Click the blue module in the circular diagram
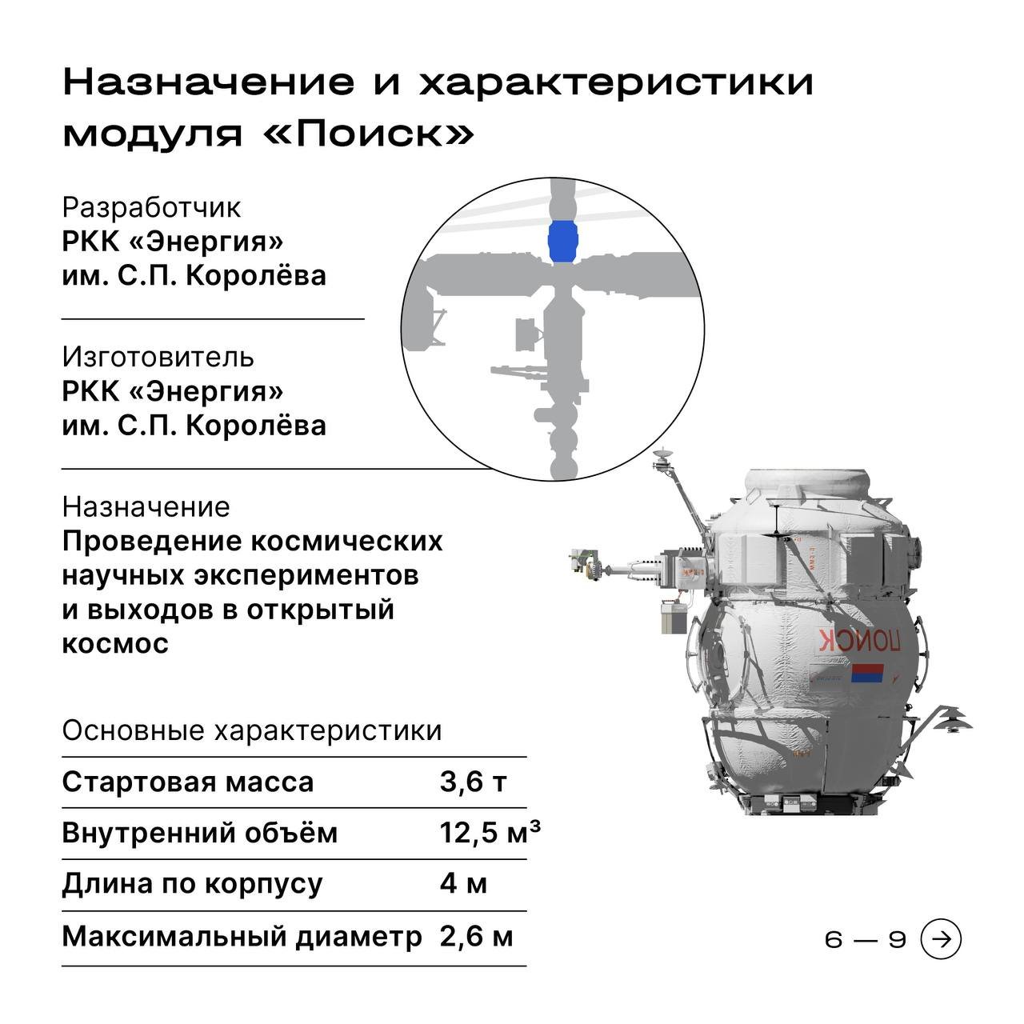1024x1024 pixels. click(562, 242)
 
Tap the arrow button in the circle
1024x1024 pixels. click(941, 939)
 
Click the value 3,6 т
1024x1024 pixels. click(473, 782)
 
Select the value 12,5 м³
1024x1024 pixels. click(490, 833)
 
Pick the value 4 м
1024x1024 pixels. click(463, 884)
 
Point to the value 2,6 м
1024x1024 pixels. click(476, 936)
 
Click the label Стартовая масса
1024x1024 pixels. click(187, 782)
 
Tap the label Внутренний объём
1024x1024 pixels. click(200, 833)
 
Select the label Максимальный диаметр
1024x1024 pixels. click(242, 937)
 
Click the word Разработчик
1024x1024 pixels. click(151, 208)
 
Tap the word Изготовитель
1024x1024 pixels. click(158, 357)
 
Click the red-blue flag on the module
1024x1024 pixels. click(866, 673)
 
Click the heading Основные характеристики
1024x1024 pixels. click(252, 730)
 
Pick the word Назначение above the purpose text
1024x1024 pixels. click(146, 507)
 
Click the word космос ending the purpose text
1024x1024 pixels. click(115, 643)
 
